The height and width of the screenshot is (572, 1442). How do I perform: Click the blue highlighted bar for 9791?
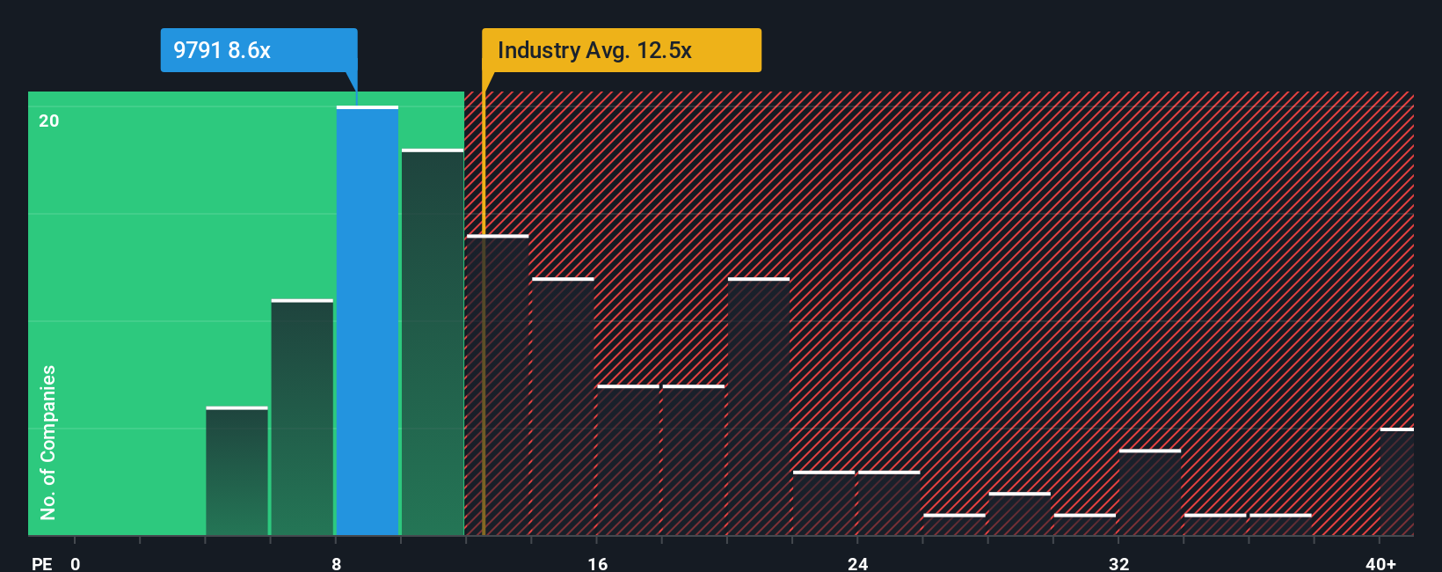(x=368, y=321)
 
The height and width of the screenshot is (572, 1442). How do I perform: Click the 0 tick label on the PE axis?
(x=76, y=563)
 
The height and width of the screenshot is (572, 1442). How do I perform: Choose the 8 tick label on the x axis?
(x=336, y=563)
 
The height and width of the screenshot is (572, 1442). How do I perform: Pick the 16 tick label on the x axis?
(x=597, y=563)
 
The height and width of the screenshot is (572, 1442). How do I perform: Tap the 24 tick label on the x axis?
(x=857, y=563)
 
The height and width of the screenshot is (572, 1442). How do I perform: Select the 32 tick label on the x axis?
(x=1118, y=563)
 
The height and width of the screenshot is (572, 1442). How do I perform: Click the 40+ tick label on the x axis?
(x=1380, y=563)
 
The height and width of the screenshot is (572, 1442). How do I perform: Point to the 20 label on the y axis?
(x=49, y=121)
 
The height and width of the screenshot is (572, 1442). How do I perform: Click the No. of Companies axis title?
(x=48, y=442)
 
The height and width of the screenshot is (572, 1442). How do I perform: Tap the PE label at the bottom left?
(x=41, y=563)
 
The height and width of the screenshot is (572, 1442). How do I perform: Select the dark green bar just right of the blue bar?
(x=433, y=343)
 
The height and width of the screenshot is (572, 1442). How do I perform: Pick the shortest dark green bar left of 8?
(x=237, y=472)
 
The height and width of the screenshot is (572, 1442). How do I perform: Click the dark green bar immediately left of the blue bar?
(x=302, y=418)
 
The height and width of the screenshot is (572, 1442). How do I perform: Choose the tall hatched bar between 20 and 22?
(x=759, y=407)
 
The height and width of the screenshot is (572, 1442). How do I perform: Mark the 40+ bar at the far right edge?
(x=1396, y=482)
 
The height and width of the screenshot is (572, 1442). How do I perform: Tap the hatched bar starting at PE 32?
(x=1150, y=493)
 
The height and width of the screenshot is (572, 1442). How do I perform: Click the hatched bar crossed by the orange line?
(x=498, y=385)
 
